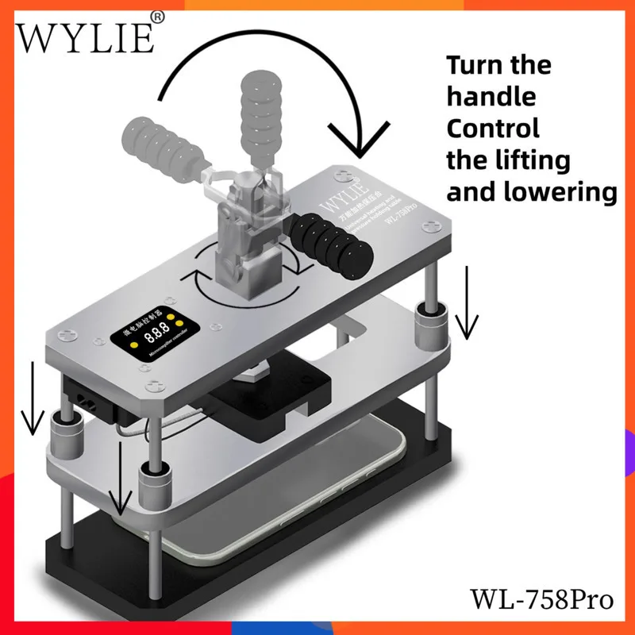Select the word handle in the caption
click(x=491, y=97)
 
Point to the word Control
click(x=493, y=128)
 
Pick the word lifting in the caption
click(x=539, y=160)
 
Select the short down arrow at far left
click(x=33, y=397)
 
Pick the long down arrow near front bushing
click(x=120, y=476)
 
